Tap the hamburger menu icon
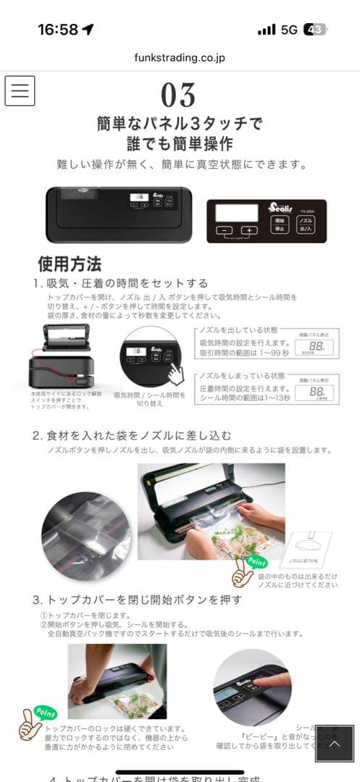tap(20, 91)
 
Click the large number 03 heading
tap(178, 96)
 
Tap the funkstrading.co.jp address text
tap(179, 57)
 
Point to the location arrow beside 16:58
tap(88, 29)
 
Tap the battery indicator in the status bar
tap(315, 29)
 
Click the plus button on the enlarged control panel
tap(248, 230)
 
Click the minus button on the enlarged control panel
tap(225, 230)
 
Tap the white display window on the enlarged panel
tap(237, 213)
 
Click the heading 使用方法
tap(70, 264)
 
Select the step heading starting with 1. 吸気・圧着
tap(120, 283)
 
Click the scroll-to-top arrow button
tap(334, 744)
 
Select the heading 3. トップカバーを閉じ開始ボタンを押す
tap(137, 600)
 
